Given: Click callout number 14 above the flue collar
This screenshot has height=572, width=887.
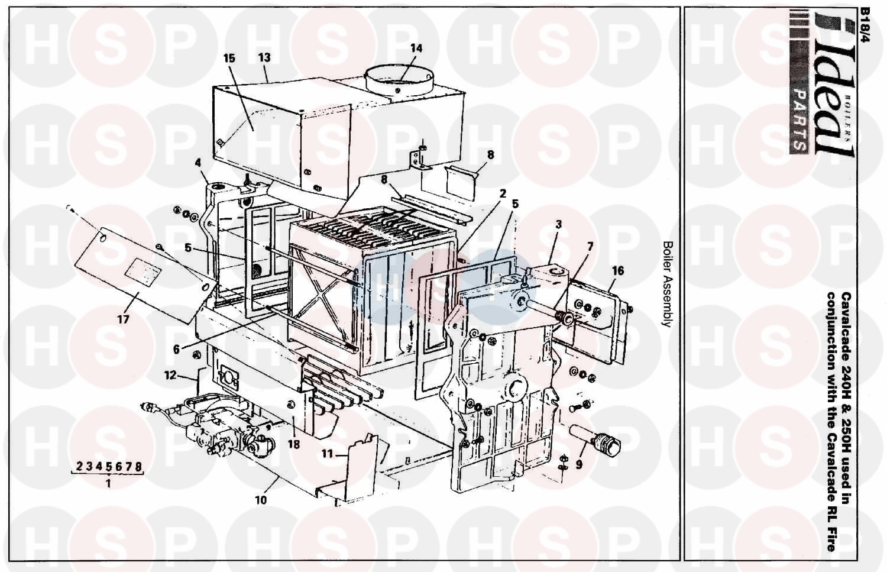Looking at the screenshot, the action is [416, 49].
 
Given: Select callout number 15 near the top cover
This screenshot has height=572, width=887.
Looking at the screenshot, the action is [229, 58].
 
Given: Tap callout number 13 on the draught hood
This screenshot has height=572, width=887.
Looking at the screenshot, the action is [264, 58].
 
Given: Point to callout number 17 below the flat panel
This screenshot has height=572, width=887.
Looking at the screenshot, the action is [123, 319].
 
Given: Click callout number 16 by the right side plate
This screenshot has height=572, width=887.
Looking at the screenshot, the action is [618, 271].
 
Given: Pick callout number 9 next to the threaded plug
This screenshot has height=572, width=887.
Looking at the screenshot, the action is [579, 464].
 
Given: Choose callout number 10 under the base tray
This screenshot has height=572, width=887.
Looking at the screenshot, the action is [261, 500].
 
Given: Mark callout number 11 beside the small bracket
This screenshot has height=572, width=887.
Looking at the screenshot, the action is [326, 454].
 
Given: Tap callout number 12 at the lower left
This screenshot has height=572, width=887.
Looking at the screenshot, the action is [170, 375].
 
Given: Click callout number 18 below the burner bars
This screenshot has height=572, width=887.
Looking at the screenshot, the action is [293, 444].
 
